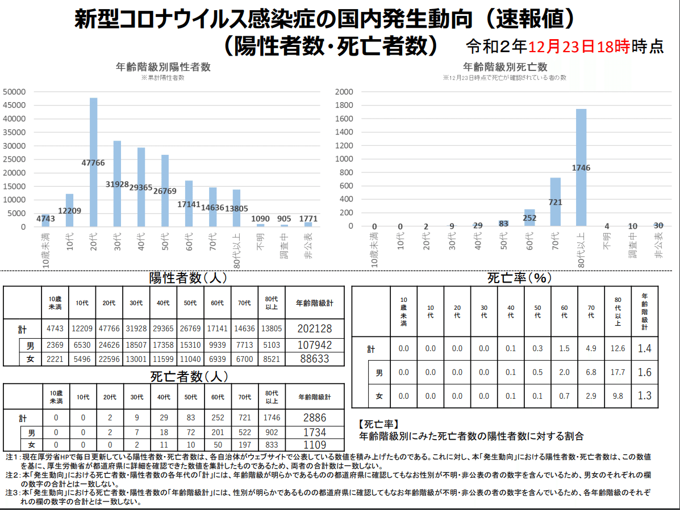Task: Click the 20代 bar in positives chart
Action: (93, 162)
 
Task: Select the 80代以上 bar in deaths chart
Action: (581, 167)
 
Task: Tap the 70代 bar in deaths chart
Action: (556, 202)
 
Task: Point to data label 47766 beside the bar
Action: (93, 163)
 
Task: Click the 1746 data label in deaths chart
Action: (581, 168)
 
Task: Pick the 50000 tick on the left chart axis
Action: (14, 92)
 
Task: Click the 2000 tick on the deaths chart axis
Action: (344, 92)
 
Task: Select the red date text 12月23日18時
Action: (579, 47)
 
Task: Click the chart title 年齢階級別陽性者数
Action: (163, 67)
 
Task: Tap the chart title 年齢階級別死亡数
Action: (505, 67)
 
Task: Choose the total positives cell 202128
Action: (314, 328)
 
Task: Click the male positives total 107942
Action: (314, 345)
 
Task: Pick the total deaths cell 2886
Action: (314, 418)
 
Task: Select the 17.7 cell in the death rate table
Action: (618, 372)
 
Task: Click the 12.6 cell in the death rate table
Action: (618, 348)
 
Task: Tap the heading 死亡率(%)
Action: (519, 277)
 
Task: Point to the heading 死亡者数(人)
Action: (189, 377)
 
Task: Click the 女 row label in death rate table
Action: (379, 396)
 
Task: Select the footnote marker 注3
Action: (12, 492)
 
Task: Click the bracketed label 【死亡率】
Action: (379, 424)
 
